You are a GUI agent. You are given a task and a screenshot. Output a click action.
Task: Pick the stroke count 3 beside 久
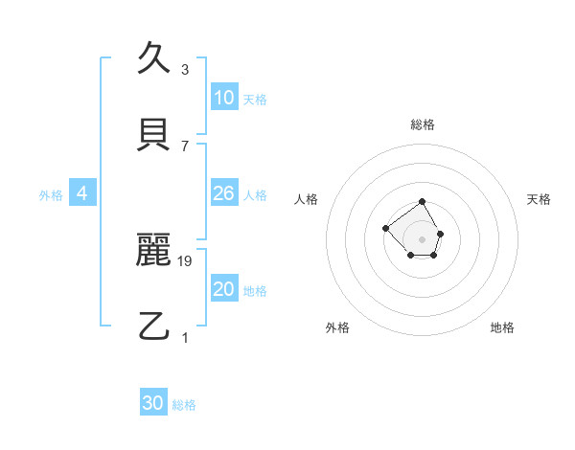pos(185,70)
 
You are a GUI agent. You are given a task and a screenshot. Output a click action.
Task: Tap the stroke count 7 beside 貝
pos(185,146)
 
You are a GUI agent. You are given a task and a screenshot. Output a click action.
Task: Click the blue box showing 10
pos(224,98)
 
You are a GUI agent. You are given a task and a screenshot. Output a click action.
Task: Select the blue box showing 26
pos(224,193)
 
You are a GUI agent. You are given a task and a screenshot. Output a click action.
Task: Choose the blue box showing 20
pos(224,289)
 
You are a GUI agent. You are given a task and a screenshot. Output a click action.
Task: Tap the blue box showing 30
pos(153,403)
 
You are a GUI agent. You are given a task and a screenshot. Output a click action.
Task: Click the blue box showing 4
pos(82,193)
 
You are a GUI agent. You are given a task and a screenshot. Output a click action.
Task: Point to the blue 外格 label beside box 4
pos(51,194)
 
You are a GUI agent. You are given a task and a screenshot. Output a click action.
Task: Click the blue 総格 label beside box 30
pos(184,405)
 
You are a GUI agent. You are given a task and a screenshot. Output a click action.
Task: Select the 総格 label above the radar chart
pos(423,124)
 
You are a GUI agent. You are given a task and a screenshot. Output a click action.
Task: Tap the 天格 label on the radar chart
pos(539,199)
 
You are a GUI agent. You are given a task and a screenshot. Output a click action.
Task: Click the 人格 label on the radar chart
pos(307,199)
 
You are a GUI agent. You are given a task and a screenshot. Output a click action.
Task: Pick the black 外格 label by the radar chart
pos(337,327)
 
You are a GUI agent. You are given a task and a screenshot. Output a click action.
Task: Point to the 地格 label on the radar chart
pos(502,327)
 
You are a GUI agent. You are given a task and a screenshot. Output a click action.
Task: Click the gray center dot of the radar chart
pos(423,238)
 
